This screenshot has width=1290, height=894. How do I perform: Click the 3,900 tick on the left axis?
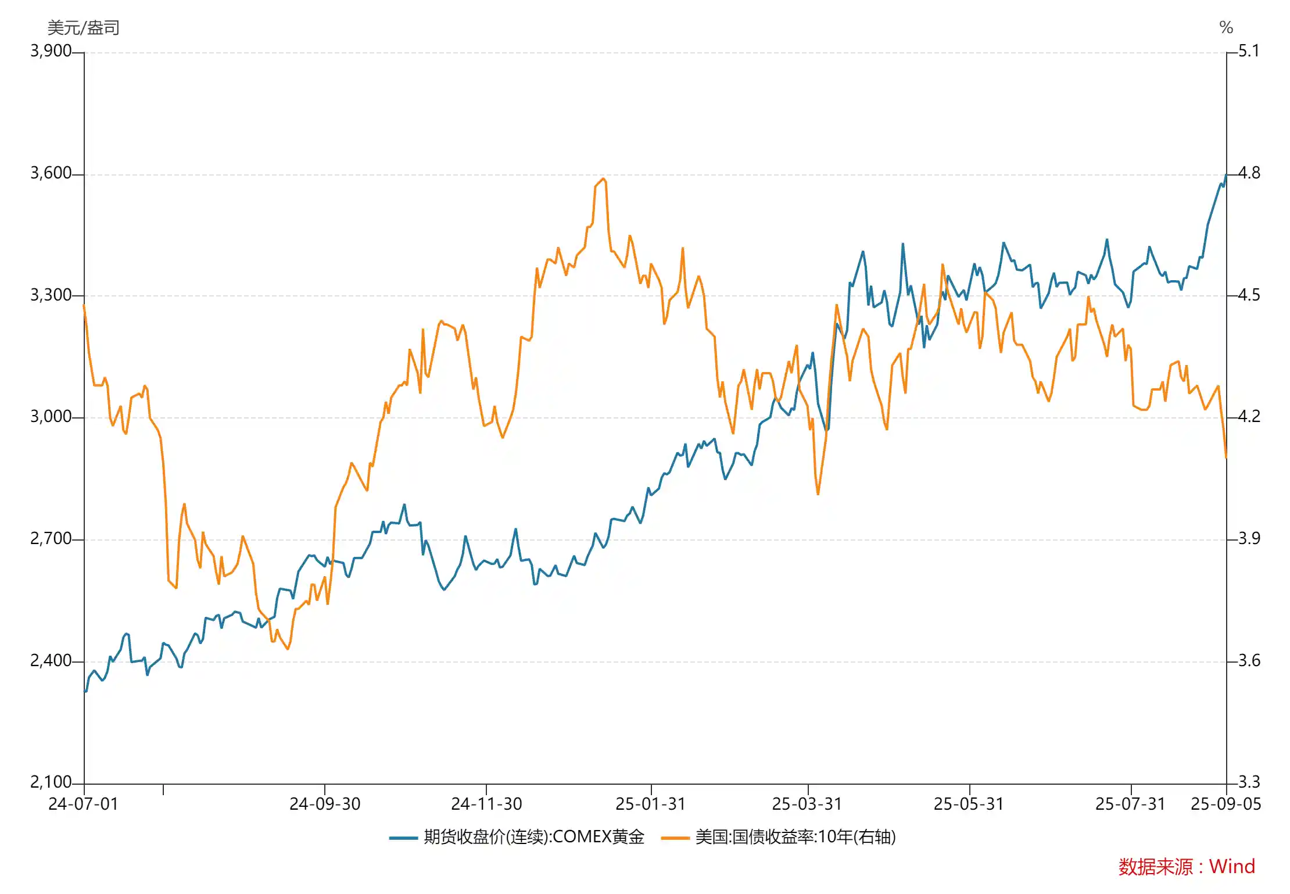point(51,51)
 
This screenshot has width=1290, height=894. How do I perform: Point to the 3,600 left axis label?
point(51,173)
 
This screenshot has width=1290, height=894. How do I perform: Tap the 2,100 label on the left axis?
point(51,782)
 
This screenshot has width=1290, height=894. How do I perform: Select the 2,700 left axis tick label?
point(51,539)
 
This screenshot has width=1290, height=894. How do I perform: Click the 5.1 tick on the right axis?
point(1249,51)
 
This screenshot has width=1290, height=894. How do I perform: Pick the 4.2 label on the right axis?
point(1249,417)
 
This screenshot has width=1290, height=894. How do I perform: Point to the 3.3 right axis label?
point(1249,782)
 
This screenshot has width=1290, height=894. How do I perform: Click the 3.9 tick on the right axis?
point(1249,539)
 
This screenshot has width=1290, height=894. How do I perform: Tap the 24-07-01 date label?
point(83,804)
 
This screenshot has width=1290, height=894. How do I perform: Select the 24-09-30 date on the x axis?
point(325,804)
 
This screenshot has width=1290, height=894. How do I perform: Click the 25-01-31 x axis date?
point(650,804)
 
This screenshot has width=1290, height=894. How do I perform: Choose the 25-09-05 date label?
point(1225,804)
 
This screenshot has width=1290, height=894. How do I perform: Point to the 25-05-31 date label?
point(969,804)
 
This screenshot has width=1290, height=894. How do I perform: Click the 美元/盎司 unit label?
point(83,28)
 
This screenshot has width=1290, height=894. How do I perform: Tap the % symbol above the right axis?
point(1226,28)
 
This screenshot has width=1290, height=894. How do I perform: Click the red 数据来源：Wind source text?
point(1187,867)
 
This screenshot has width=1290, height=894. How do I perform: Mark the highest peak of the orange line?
point(604,179)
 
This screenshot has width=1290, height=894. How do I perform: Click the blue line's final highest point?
point(1225,175)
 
